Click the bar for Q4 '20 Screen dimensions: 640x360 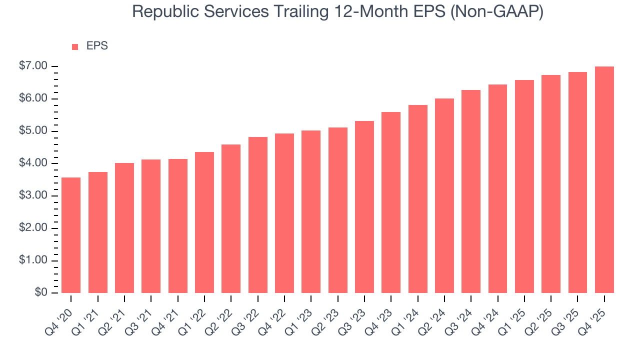pos(71,235)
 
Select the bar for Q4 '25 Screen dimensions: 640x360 pos(604,180)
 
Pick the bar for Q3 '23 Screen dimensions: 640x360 pos(364,207)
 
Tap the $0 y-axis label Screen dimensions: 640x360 pos(41,293)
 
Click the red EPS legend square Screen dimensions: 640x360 pos(75,47)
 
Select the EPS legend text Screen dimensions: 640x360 pos(97,46)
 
